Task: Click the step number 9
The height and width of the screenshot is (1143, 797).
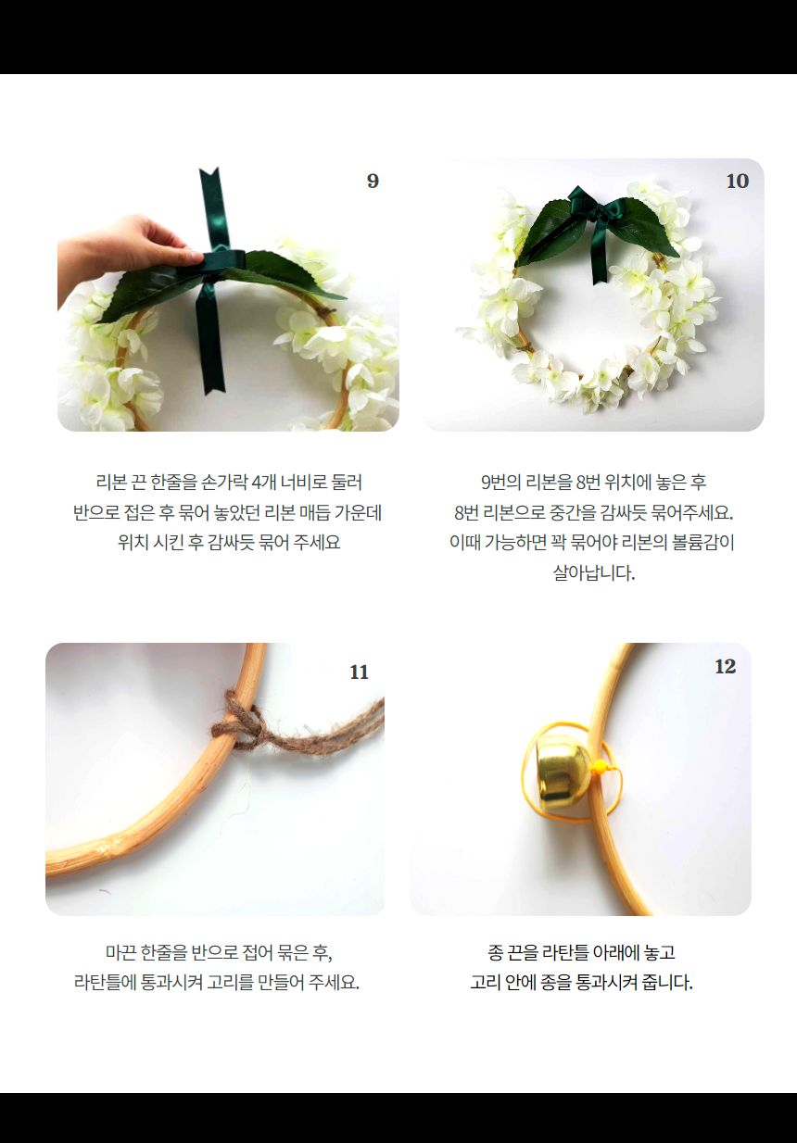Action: [x=373, y=181]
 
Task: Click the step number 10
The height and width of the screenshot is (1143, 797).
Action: [x=737, y=181]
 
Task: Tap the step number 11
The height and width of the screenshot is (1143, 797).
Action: [x=360, y=672]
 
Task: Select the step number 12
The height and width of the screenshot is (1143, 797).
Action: [x=725, y=667]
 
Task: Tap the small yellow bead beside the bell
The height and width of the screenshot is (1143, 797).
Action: [x=599, y=766]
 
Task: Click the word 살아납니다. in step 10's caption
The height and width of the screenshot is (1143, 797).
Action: [x=594, y=572]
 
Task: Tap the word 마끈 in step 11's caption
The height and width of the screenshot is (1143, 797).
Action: [x=120, y=951]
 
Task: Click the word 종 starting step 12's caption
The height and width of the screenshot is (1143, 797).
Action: [x=496, y=951]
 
